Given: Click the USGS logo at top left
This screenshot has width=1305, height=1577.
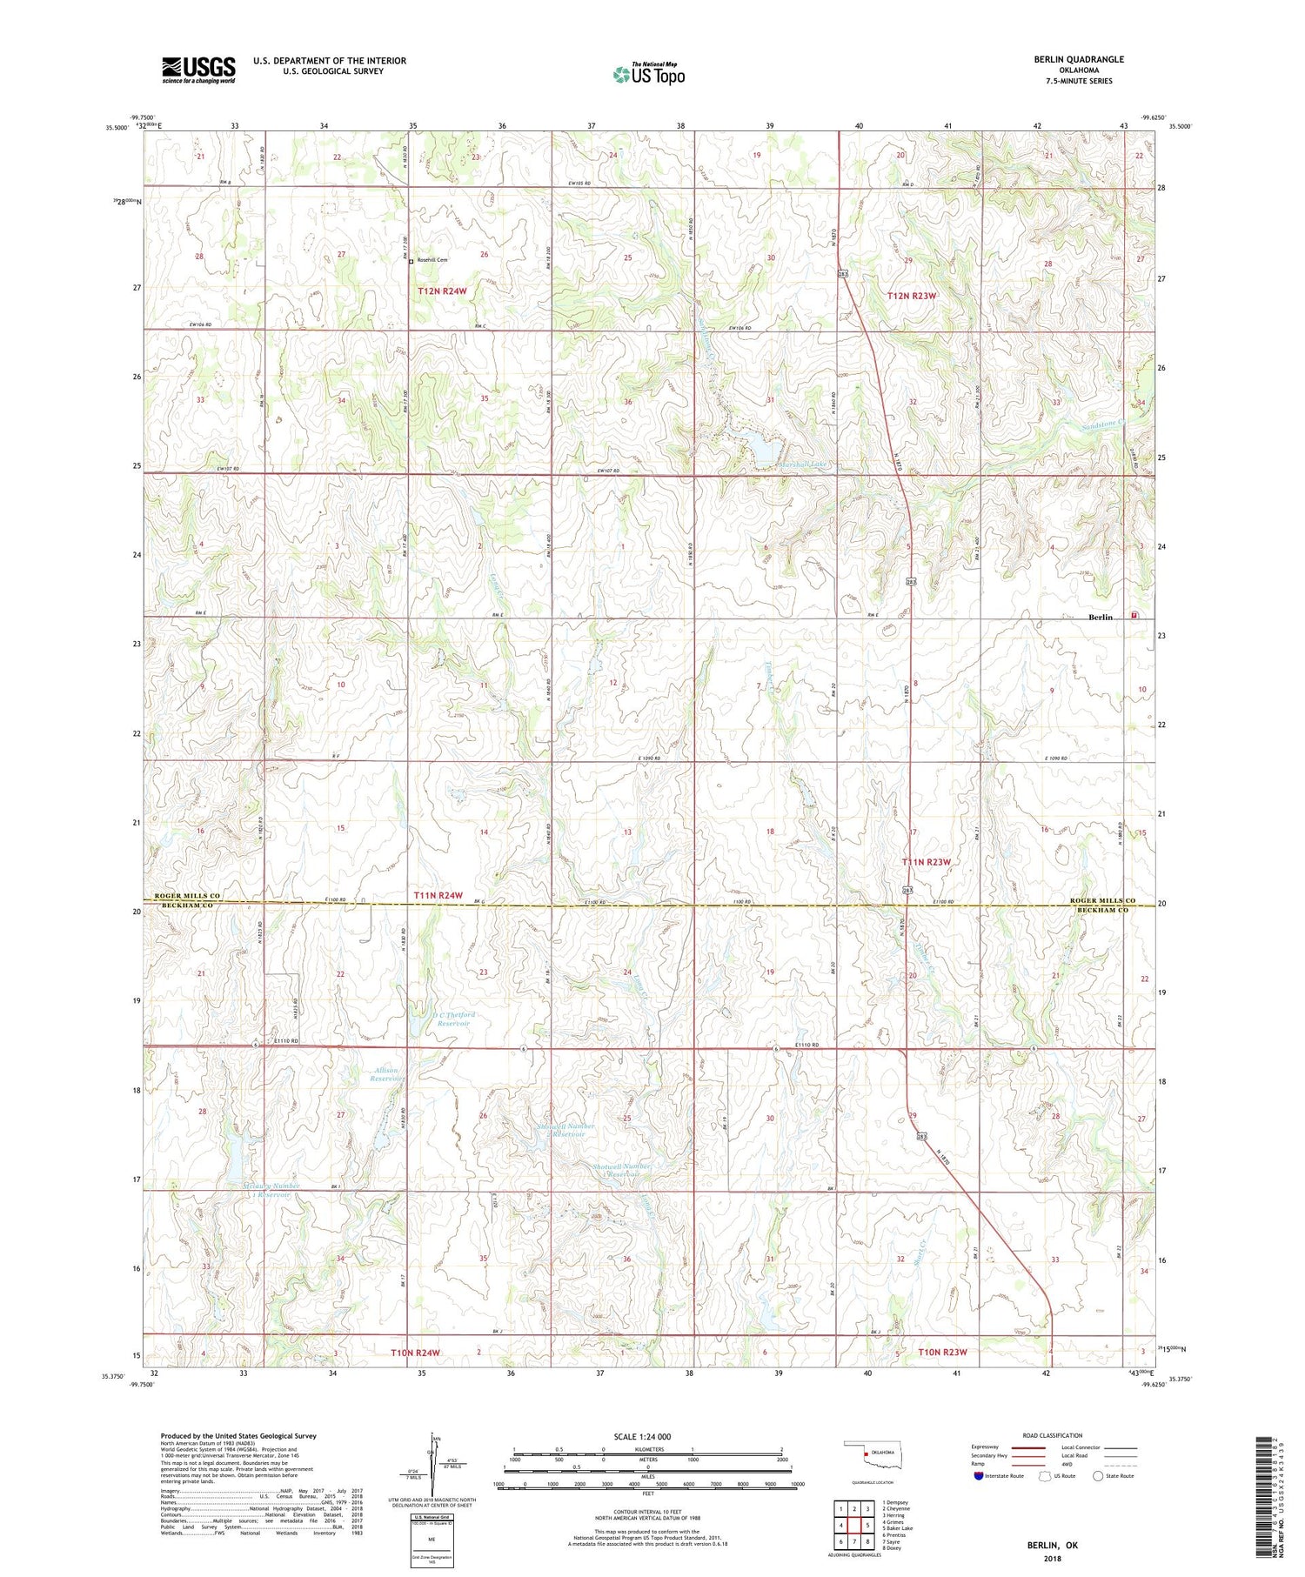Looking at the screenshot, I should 198,70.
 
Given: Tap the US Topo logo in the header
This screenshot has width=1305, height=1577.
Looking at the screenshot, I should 648,75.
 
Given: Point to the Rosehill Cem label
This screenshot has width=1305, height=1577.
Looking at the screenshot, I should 432,260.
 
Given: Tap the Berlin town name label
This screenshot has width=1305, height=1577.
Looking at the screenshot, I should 1101,617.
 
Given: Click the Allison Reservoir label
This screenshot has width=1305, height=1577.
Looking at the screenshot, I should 385,1074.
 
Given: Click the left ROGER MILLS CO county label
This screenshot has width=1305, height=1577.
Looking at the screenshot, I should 187,896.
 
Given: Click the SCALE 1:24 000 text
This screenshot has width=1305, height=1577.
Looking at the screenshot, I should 642,1436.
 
